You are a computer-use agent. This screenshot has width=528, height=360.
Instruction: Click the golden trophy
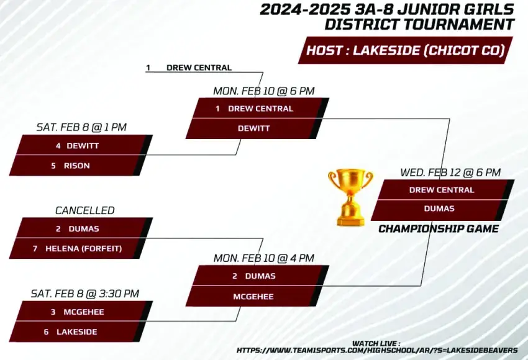350,197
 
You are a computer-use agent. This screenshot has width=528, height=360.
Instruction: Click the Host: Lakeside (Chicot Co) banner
406,50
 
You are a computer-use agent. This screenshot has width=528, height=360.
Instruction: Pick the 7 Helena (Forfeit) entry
77,249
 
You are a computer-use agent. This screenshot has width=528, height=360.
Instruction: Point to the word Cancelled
85,210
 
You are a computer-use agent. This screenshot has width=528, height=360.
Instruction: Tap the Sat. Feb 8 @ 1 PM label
81,127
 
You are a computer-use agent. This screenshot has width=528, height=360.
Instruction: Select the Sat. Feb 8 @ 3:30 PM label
85,294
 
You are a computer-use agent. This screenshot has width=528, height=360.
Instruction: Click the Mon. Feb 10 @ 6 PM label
264,91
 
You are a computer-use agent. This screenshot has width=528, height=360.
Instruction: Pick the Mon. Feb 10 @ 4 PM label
264,258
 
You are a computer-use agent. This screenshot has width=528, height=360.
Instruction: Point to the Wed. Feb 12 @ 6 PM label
450,173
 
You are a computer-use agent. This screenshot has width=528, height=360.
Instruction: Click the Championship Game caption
439,229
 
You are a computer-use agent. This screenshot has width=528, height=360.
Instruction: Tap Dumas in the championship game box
439,209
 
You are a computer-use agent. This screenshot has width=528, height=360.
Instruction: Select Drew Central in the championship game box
442,190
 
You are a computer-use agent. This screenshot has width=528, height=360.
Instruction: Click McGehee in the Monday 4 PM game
253,297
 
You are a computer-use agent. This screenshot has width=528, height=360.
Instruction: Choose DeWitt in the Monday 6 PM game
253,128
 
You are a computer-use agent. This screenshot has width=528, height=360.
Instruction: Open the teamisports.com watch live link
377,350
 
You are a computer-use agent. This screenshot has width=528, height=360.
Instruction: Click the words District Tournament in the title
419,25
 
